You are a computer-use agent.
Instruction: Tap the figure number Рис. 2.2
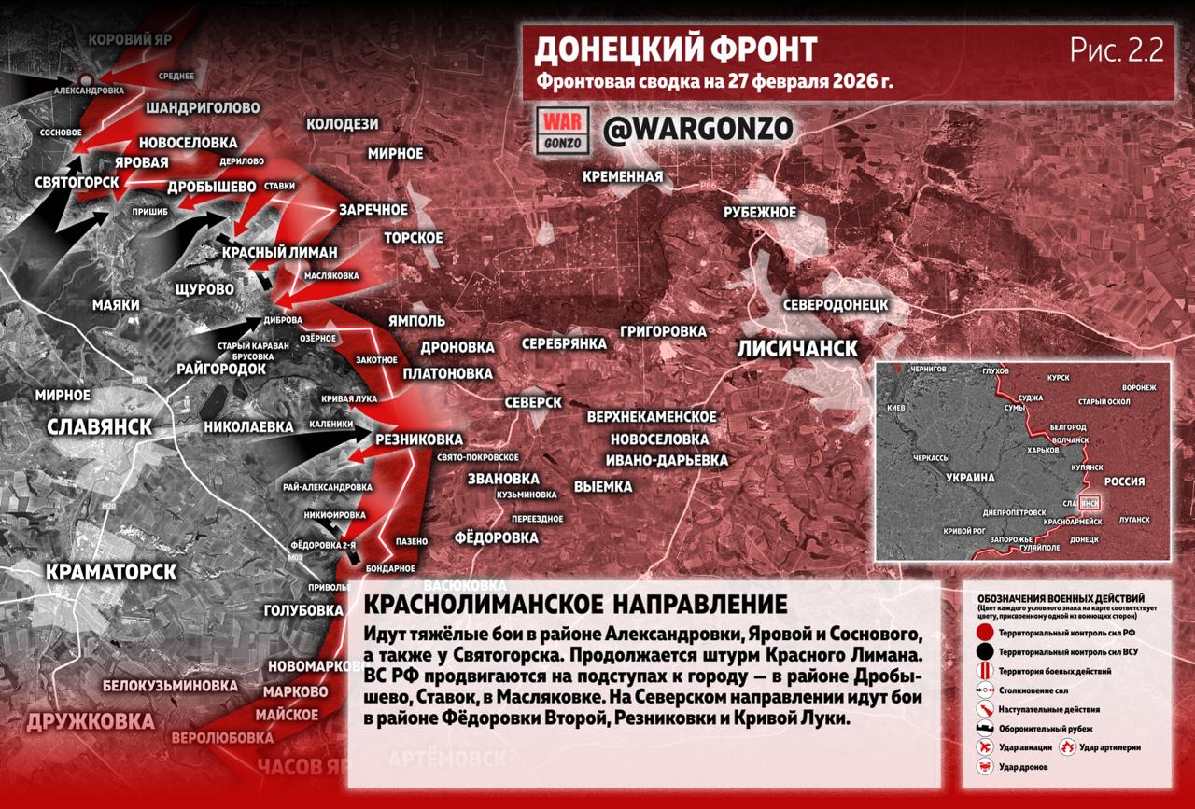[x=1117, y=51]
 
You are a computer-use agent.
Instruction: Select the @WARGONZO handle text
[x=697, y=129]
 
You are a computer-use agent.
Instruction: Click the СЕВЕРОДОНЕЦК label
[x=835, y=305]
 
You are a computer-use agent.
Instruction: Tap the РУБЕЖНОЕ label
[x=760, y=213]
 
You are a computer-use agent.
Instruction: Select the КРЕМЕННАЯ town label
[x=623, y=176]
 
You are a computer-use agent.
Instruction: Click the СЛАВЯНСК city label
[x=100, y=426]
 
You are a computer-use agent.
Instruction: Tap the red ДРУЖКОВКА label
[x=91, y=721]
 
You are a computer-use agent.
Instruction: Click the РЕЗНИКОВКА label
[x=418, y=439]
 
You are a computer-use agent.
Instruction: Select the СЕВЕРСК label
[x=532, y=402]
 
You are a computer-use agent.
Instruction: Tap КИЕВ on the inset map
[x=897, y=409]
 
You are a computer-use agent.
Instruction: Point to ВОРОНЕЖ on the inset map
[x=1139, y=387]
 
